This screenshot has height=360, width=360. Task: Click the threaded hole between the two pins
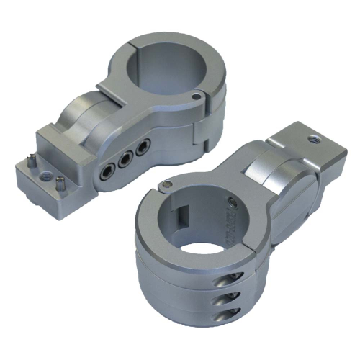[x=49, y=175]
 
